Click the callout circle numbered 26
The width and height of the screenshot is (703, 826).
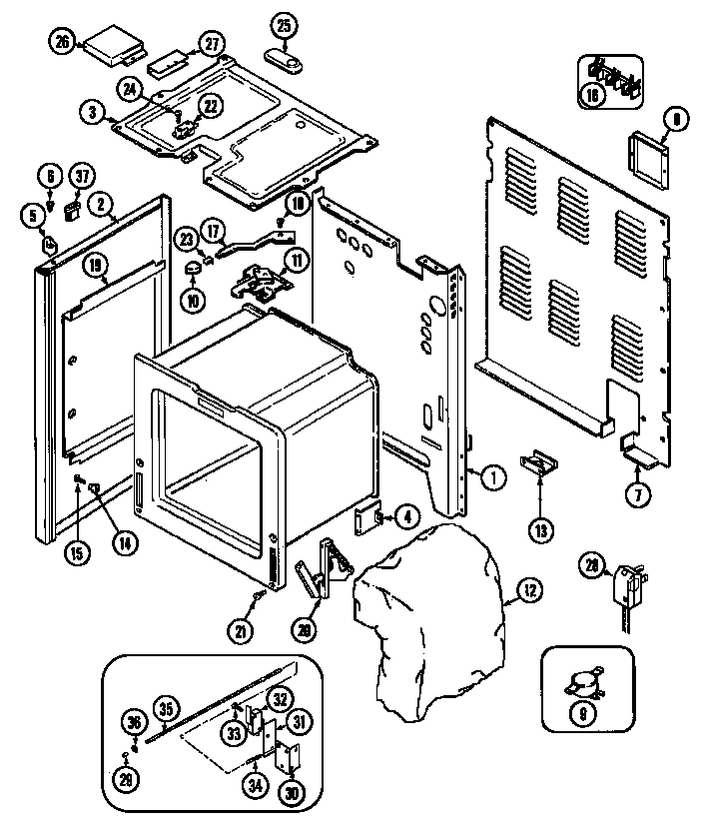pos(62,42)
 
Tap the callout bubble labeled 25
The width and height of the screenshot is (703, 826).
pos(284,23)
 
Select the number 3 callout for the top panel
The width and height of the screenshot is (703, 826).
pos(92,113)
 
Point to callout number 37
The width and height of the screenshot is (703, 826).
pos(80,177)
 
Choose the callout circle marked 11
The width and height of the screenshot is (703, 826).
pos(297,263)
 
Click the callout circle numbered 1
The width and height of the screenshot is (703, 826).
pos(491,476)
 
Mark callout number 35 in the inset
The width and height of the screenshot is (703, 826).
pos(166,709)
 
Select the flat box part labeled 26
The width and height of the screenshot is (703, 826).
pos(112,45)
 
